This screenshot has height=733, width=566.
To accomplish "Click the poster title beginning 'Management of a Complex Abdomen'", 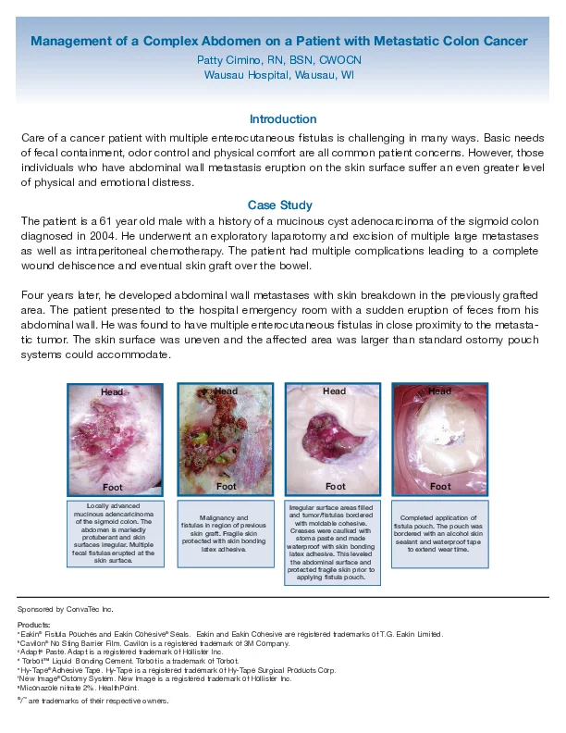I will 279,41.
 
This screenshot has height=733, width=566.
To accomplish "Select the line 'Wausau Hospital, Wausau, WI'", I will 279,74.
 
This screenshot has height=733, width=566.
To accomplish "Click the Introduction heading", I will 283,119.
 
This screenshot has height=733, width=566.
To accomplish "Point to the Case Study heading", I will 280,205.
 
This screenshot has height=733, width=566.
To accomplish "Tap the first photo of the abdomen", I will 115,439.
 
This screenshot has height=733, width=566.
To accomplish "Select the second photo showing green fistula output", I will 225,439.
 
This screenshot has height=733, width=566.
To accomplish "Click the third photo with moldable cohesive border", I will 335,439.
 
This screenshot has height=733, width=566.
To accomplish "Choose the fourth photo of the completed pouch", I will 440,439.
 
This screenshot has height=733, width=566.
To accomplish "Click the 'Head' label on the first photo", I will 112,392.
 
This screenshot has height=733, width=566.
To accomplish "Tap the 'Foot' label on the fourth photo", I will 441,486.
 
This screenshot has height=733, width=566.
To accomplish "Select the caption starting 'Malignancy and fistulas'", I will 225,533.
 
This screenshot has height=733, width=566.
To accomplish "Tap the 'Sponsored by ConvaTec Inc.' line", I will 66,610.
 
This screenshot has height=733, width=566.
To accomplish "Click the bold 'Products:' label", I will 33,625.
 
